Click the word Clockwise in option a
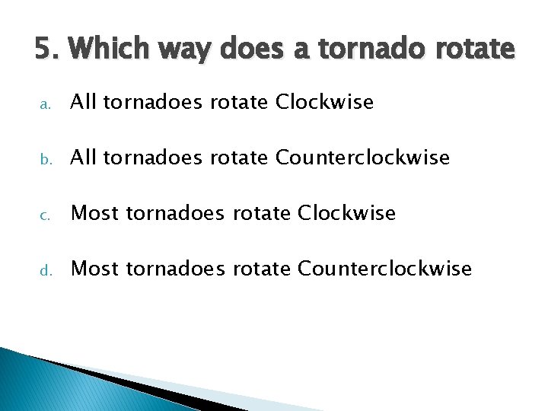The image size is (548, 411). click(x=325, y=102)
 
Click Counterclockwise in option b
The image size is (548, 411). click(x=363, y=158)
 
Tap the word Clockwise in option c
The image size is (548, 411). click(x=347, y=213)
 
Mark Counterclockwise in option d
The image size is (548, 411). click(x=385, y=269)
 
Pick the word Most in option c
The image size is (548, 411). click(x=95, y=213)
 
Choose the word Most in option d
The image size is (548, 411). click(x=95, y=269)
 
